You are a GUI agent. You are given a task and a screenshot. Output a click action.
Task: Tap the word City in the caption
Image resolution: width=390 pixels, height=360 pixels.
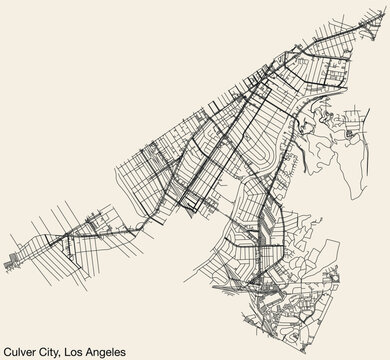pos(62,348)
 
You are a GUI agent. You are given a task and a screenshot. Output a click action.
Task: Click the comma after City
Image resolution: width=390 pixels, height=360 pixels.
pos(75,351)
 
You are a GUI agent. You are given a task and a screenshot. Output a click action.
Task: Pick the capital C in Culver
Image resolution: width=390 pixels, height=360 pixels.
pos(7,348)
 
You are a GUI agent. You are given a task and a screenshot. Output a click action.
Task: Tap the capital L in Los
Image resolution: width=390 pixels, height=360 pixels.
pos(82,348)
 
